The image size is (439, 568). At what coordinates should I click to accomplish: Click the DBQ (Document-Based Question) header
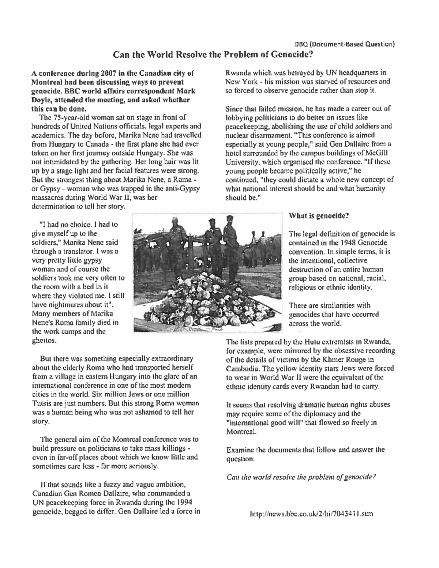coord(344,45)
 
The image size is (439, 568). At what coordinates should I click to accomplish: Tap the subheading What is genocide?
coord(319,216)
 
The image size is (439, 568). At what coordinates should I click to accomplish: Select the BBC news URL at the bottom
coord(311,514)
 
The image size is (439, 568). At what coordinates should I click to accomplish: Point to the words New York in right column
coord(240,82)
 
